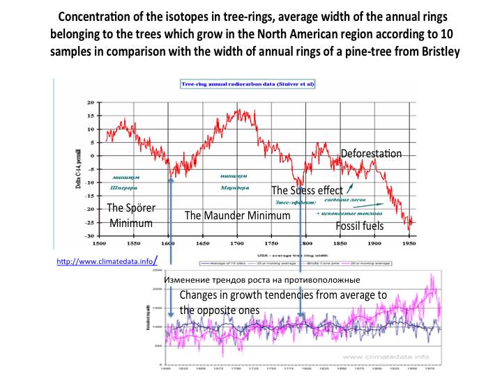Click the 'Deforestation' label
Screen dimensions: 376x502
click(371, 153)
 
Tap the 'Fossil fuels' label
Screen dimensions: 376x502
click(360, 226)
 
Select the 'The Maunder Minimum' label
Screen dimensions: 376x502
click(237, 216)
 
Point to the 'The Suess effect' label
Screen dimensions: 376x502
click(307, 190)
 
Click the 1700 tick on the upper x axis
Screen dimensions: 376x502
click(237, 244)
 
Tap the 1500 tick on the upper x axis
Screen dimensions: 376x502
click(99, 244)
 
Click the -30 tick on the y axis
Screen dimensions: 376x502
click(89, 236)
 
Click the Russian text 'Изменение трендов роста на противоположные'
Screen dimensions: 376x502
click(262, 279)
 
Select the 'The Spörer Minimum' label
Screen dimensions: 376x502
click(130, 215)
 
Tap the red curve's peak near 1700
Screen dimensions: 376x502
click(238, 110)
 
